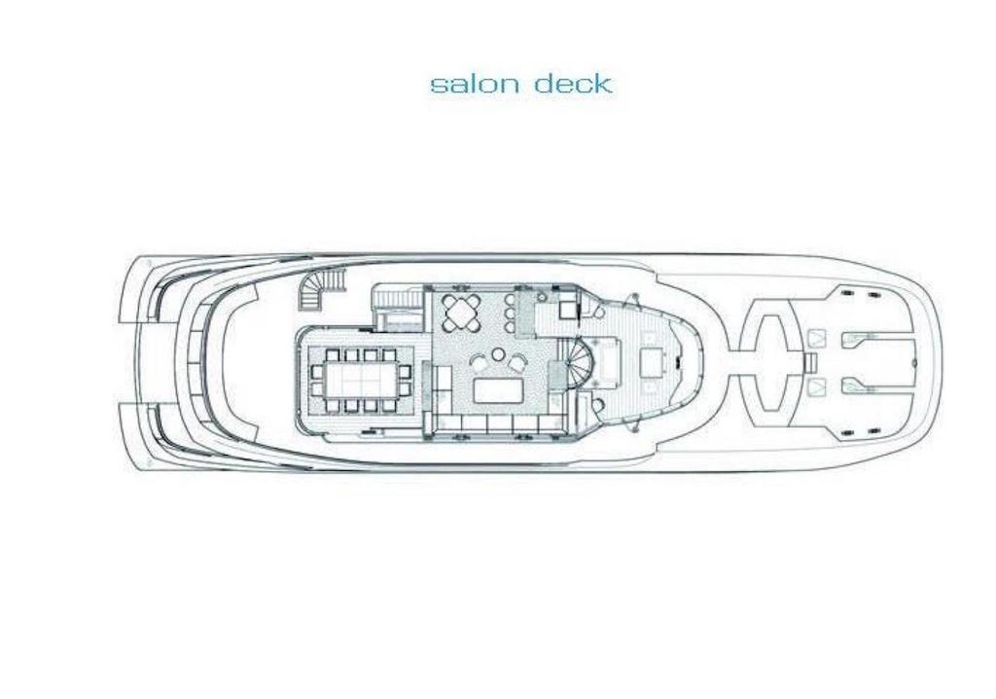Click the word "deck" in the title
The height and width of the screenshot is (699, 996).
coord(573,84)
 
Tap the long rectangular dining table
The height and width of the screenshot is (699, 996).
coord(360,381)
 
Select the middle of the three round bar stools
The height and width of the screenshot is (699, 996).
coord(510,313)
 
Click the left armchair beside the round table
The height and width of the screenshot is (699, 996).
coord(480,364)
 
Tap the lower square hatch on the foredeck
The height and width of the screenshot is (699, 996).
coord(816,386)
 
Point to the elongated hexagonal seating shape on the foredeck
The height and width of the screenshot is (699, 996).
coord(772,362)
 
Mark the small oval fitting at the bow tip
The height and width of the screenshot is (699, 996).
coord(914,362)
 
